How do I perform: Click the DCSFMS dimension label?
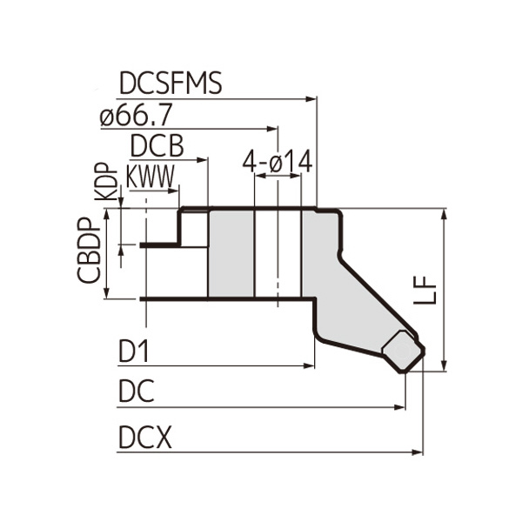coord(171,84)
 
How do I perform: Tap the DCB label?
coord(157,144)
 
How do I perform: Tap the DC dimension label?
coord(136,392)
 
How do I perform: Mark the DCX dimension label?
coord(144,438)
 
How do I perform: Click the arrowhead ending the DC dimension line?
coord(401,406)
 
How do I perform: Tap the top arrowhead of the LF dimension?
coord(445,215)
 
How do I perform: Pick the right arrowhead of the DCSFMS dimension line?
coord(313,98)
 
